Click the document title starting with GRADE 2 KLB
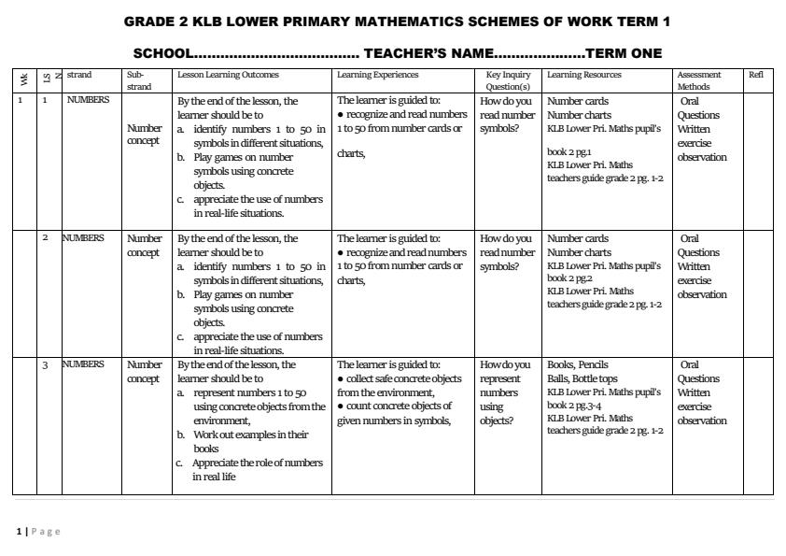click(x=397, y=21)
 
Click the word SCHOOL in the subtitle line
click(x=162, y=54)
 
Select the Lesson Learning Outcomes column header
click(x=228, y=75)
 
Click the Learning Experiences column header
click(x=377, y=75)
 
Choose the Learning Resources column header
click(x=585, y=75)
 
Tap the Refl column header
click(x=755, y=75)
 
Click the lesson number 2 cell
click(x=45, y=238)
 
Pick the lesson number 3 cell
click(x=45, y=365)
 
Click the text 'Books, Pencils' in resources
click(x=577, y=365)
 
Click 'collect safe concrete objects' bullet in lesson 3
click(x=401, y=378)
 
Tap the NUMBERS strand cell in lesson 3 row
click(x=83, y=365)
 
